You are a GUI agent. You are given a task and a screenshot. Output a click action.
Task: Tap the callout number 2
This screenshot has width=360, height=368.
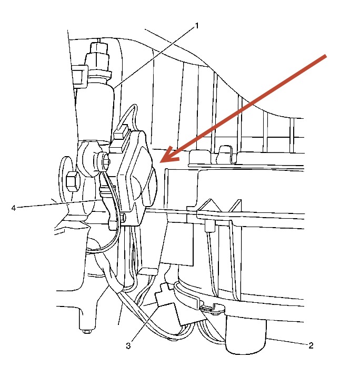[311, 345]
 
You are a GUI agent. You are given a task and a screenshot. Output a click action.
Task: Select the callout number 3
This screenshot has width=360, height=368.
[128, 345]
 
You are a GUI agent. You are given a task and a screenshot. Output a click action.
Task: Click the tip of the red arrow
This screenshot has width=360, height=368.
[162, 161]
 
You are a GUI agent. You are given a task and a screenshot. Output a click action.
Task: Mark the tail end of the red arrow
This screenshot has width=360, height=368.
[327, 57]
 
